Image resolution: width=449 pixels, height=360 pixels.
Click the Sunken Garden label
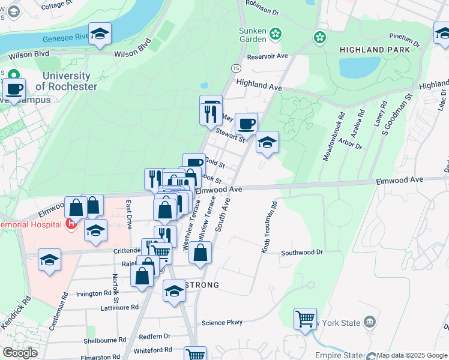tap(252, 35)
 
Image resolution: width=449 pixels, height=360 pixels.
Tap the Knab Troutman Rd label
tap(268, 227)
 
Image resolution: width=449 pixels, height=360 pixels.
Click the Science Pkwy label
tap(222, 322)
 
